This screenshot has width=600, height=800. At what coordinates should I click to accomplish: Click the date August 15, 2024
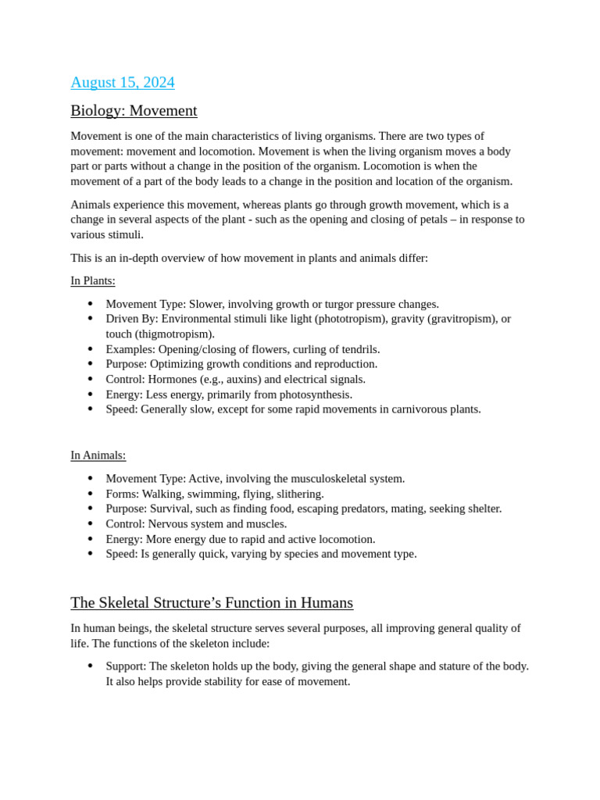[x=123, y=82]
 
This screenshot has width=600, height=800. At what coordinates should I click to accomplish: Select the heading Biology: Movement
[x=134, y=110]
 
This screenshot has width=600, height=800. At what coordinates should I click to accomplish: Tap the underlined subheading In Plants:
[x=93, y=280]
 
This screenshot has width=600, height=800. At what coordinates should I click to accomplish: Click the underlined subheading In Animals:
[x=98, y=455]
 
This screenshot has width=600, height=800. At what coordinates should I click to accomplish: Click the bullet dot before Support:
[x=90, y=666]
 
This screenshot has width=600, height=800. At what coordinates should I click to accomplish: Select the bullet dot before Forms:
[x=90, y=494]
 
